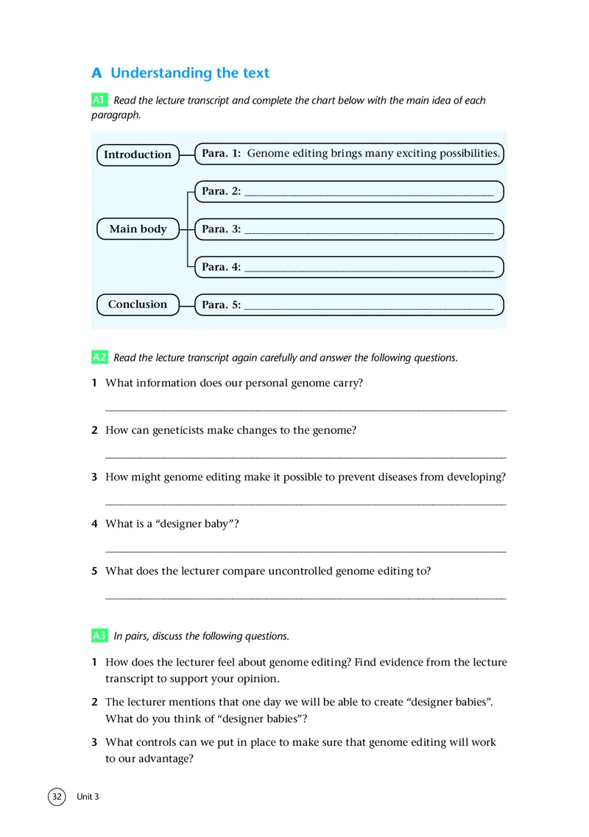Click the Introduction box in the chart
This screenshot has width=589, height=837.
(x=138, y=154)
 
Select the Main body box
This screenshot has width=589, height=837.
(x=138, y=229)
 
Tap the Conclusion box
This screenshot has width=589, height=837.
(x=138, y=304)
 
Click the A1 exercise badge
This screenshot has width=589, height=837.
(x=100, y=99)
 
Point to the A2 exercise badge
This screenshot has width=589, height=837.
(x=100, y=357)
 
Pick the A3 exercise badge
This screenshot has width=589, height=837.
(x=100, y=635)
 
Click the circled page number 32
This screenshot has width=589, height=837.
(x=57, y=797)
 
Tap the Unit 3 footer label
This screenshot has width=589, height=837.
(x=88, y=797)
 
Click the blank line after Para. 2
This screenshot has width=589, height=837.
(x=368, y=194)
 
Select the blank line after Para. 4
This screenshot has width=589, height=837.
(x=368, y=270)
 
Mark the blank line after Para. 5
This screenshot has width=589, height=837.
(x=368, y=307)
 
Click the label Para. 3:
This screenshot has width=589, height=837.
(x=222, y=229)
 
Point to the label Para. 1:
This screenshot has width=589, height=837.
(x=222, y=154)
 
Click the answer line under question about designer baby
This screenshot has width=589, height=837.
(x=306, y=551)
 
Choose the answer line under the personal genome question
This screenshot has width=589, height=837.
(x=306, y=410)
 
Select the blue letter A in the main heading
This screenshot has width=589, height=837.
(x=96, y=74)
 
